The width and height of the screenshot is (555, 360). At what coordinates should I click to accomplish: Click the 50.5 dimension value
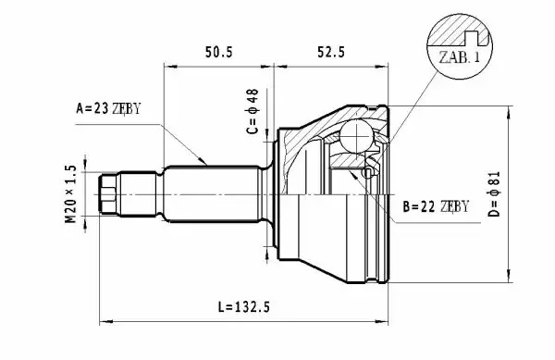(x=219, y=53)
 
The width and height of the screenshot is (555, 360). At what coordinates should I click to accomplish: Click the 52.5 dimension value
(x=330, y=53)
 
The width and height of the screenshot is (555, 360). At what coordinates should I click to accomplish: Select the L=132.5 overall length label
(x=243, y=306)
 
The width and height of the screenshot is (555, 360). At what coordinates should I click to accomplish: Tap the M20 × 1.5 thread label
(x=71, y=193)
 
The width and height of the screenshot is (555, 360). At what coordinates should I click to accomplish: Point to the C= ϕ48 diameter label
(x=253, y=111)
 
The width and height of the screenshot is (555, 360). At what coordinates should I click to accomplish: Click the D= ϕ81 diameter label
(x=494, y=193)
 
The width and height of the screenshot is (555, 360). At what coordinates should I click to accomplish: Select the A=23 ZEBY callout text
(x=108, y=108)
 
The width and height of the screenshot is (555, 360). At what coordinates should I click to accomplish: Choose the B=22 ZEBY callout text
(x=436, y=206)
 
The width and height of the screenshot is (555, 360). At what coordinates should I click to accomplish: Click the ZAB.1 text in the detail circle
(x=460, y=56)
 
